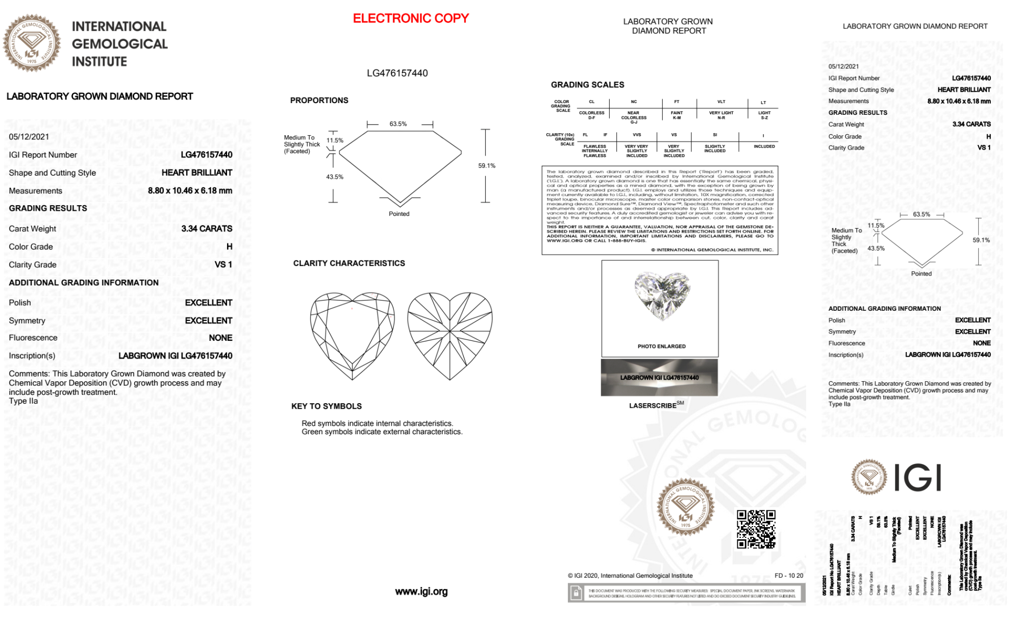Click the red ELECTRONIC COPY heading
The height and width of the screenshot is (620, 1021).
click(x=411, y=18)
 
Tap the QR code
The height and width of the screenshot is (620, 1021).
click(x=756, y=529)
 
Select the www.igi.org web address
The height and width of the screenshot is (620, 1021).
click(x=421, y=591)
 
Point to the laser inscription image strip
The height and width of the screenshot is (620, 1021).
click(x=659, y=378)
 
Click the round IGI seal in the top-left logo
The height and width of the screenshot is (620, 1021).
click(x=32, y=43)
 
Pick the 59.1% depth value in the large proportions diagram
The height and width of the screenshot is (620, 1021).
click(x=487, y=166)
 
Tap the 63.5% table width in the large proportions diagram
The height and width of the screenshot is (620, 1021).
click(x=398, y=124)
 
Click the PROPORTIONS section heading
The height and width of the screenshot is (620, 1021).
click(x=319, y=101)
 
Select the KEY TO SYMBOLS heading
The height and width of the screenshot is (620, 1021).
click(x=326, y=406)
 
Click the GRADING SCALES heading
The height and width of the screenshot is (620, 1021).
click(x=587, y=85)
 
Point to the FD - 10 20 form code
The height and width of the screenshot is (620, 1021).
click(x=788, y=576)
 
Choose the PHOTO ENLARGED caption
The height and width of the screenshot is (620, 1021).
click(x=661, y=346)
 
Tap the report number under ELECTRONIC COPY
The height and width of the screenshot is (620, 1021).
click(x=397, y=73)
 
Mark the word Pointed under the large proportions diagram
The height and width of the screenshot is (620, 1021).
click(x=399, y=214)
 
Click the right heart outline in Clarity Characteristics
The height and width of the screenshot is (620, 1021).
click(x=450, y=334)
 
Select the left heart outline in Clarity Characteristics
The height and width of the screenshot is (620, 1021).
click(x=352, y=334)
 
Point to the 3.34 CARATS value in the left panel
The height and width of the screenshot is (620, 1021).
click(x=207, y=229)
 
